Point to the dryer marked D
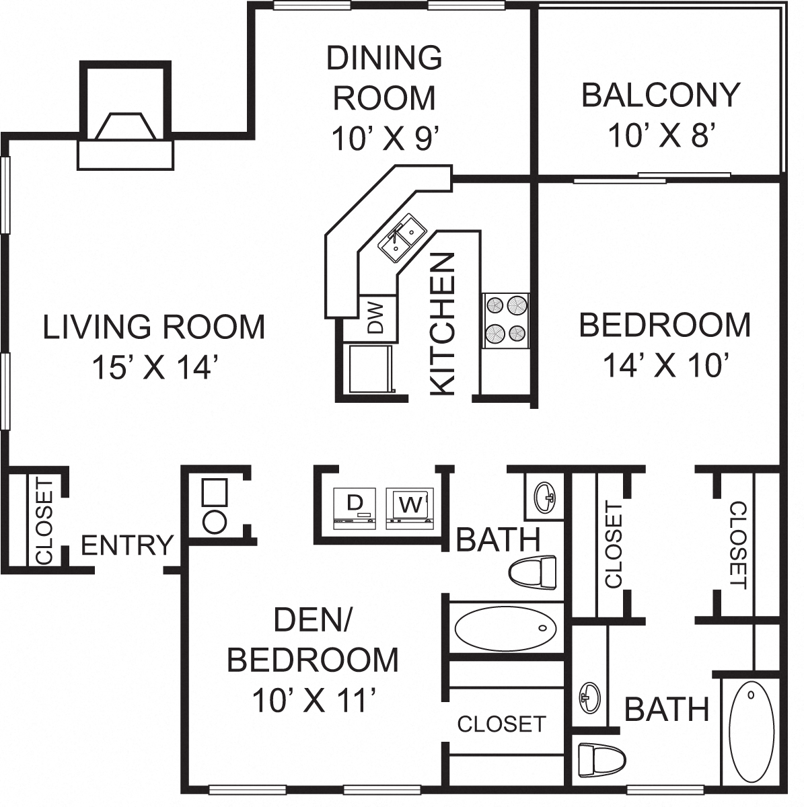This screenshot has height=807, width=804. click(353, 506)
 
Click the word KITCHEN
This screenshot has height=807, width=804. click(443, 323)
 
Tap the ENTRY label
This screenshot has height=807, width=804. click(127, 545)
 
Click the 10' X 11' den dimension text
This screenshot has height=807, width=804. click(313, 701)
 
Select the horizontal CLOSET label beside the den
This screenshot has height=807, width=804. click(501, 724)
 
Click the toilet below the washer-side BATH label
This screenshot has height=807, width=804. click(534, 574)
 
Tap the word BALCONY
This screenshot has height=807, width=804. click(661, 95)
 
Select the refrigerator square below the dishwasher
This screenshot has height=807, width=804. click(368, 368)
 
